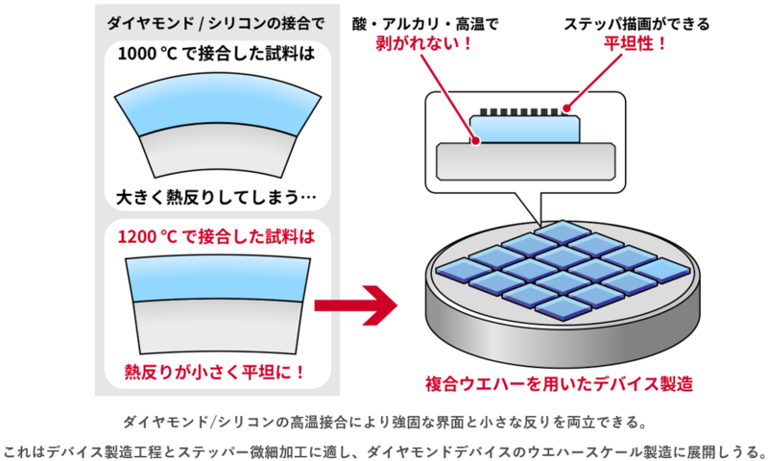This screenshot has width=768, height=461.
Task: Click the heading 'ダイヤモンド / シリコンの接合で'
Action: click(x=214, y=20)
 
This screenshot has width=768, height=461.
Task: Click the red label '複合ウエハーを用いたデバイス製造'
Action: click(x=559, y=382)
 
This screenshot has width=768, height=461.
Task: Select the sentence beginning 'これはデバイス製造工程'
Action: click(x=384, y=449)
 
